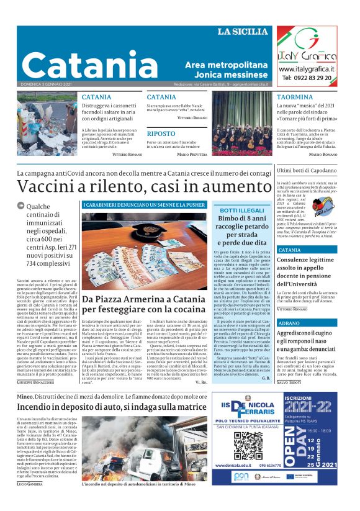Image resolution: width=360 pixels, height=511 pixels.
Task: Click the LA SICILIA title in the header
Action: [x=244, y=32]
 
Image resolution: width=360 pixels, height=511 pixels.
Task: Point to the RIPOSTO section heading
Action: [x=161, y=133]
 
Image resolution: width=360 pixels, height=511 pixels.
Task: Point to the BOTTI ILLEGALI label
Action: [x=241, y=212]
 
